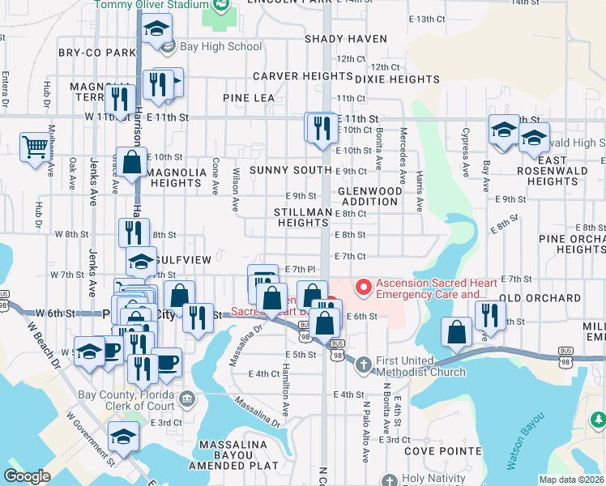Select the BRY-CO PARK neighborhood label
pyautogui.click(x=96, y=53)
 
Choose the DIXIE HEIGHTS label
pyautogui.click(x=397, y=79)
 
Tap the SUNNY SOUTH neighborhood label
pyautogui.click(x=291, y=170)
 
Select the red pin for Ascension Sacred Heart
pyautogui.click(x=364, y=286)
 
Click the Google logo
pyautogui.click(x=27, y=476)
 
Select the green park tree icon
pyautogui.click(x=597, y=420)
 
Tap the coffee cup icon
pyautogui.click(x=167, y=361)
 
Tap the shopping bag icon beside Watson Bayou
pyautogui.click(x=457, y=330)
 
